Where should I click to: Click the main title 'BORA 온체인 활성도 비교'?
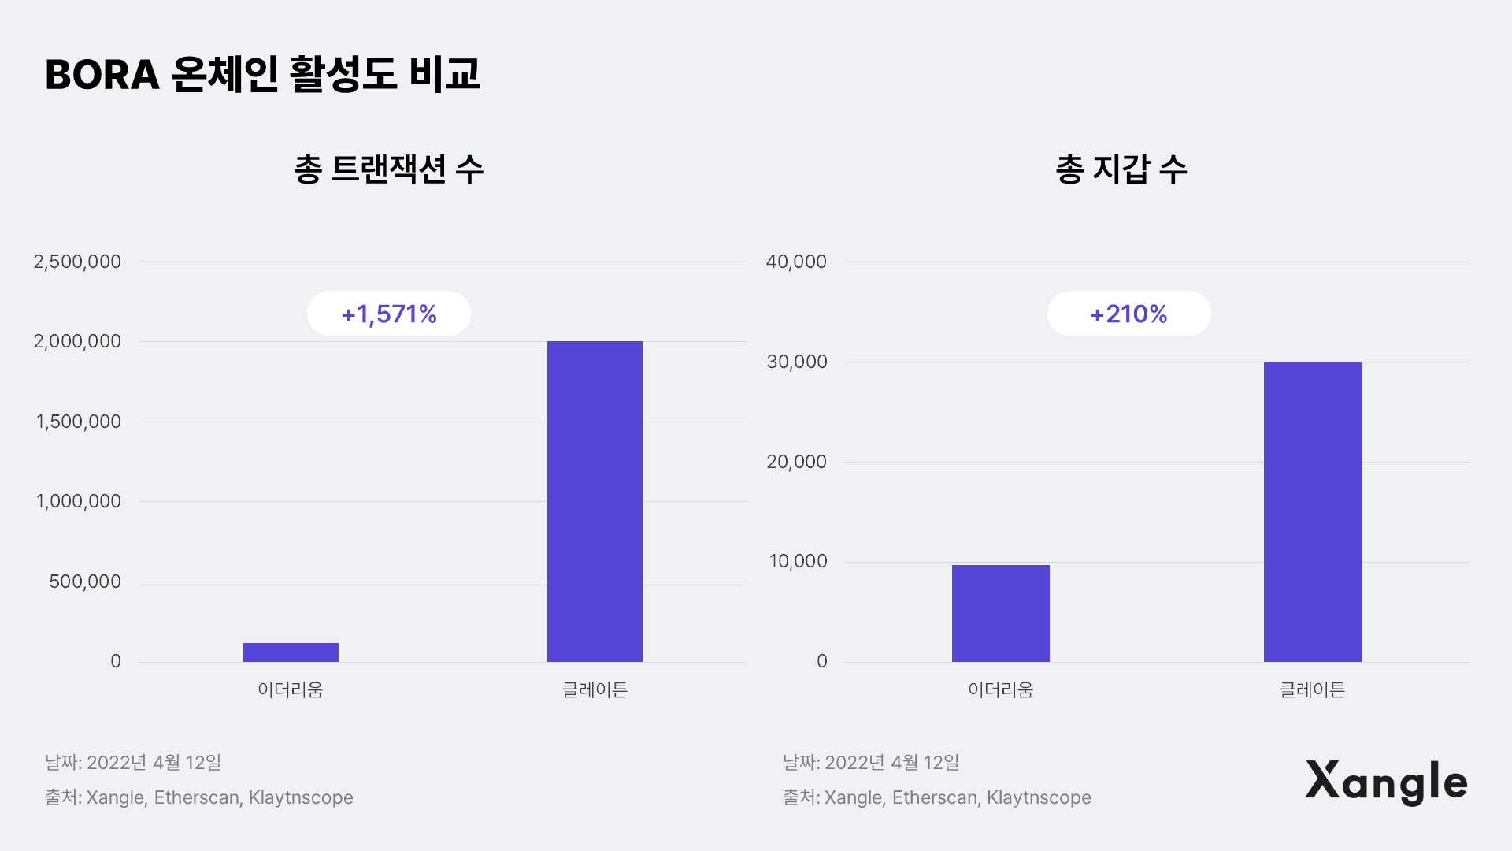262,75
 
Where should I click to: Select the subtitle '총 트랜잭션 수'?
389,169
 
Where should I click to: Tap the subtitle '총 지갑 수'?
1121,169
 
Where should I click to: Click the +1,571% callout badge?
389,314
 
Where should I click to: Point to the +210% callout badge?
1128,314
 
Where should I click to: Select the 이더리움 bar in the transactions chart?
291,652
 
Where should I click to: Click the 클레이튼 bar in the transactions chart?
595,501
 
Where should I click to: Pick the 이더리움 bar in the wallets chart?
1001,613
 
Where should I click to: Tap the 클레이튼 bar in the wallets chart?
1313,512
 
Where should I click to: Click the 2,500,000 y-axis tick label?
77,262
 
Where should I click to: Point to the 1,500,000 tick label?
78,422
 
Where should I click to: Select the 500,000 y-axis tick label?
85,582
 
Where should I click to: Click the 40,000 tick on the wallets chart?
796,262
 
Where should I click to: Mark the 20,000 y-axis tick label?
797,462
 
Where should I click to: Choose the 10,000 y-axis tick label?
799,561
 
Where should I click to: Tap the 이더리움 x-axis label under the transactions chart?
291,689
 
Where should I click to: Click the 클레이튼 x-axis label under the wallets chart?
1313,689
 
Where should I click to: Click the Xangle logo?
1386,782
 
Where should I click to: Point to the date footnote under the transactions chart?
133,763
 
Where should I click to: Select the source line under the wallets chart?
937,797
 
